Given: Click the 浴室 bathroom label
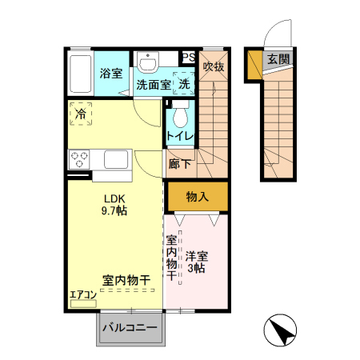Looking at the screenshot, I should click(111, 74).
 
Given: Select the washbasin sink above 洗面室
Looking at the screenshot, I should click(148, 62).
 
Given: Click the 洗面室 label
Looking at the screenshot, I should click(151, 83).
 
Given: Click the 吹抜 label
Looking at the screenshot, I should click(213, 66).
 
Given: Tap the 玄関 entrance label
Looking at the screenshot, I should click(278, 59).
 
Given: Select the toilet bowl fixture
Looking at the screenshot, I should click(180, 114).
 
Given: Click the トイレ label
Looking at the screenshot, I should click(180, 136).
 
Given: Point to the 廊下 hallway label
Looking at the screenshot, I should click(180, 165).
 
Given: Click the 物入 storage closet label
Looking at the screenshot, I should click(197, 197).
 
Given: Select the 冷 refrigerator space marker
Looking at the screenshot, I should click(80, 114).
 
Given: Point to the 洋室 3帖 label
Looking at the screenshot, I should click(197, 262).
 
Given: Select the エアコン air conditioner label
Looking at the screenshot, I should click(82, 294).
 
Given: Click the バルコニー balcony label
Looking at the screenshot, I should click(131, 328).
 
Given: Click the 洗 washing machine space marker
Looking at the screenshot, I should click(184, 82).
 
